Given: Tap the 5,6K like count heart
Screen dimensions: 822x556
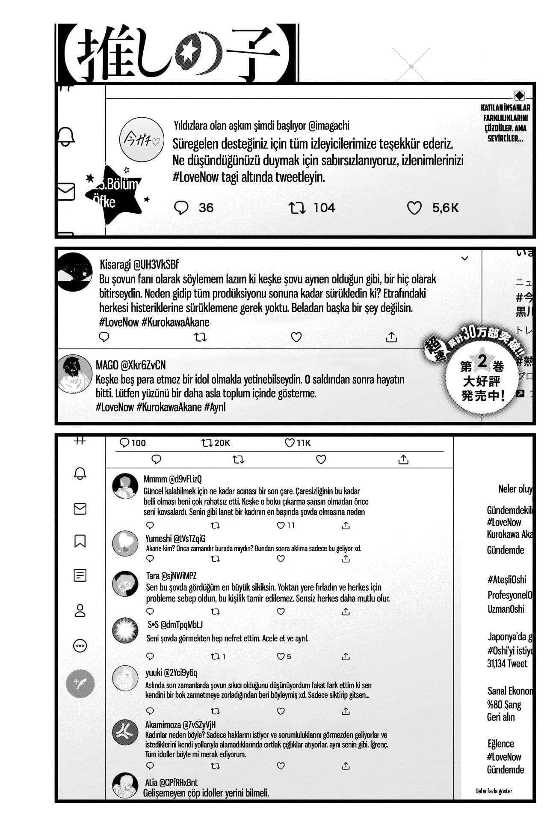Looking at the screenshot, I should click(x=414, y=208).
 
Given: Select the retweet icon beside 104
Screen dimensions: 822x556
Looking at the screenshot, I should click(x=297, y=208).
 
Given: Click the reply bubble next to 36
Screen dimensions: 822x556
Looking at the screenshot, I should click(x=181, y=208).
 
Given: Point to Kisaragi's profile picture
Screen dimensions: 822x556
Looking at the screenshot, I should click(x=74, y=272).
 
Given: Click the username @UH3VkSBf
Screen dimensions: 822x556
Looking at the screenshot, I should click(x=156, y=265).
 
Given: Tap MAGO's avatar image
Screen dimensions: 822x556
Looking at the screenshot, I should click(x=74, y=374).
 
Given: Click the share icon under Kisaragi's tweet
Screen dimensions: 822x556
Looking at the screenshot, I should click(x=391, y=337).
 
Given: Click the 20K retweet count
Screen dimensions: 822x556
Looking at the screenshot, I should click(x=216, y=443).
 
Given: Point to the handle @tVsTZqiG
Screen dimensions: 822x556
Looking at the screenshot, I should click(x=189, y=539).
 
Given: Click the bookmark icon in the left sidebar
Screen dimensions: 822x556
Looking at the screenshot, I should click(x=80, y=541).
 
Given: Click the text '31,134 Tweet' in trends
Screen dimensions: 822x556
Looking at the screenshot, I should click(x=507, y=664).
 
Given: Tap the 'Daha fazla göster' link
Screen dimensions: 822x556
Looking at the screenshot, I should click(x=494, y=791).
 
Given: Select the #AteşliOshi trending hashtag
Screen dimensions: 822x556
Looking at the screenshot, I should click(x=507, y=580).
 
